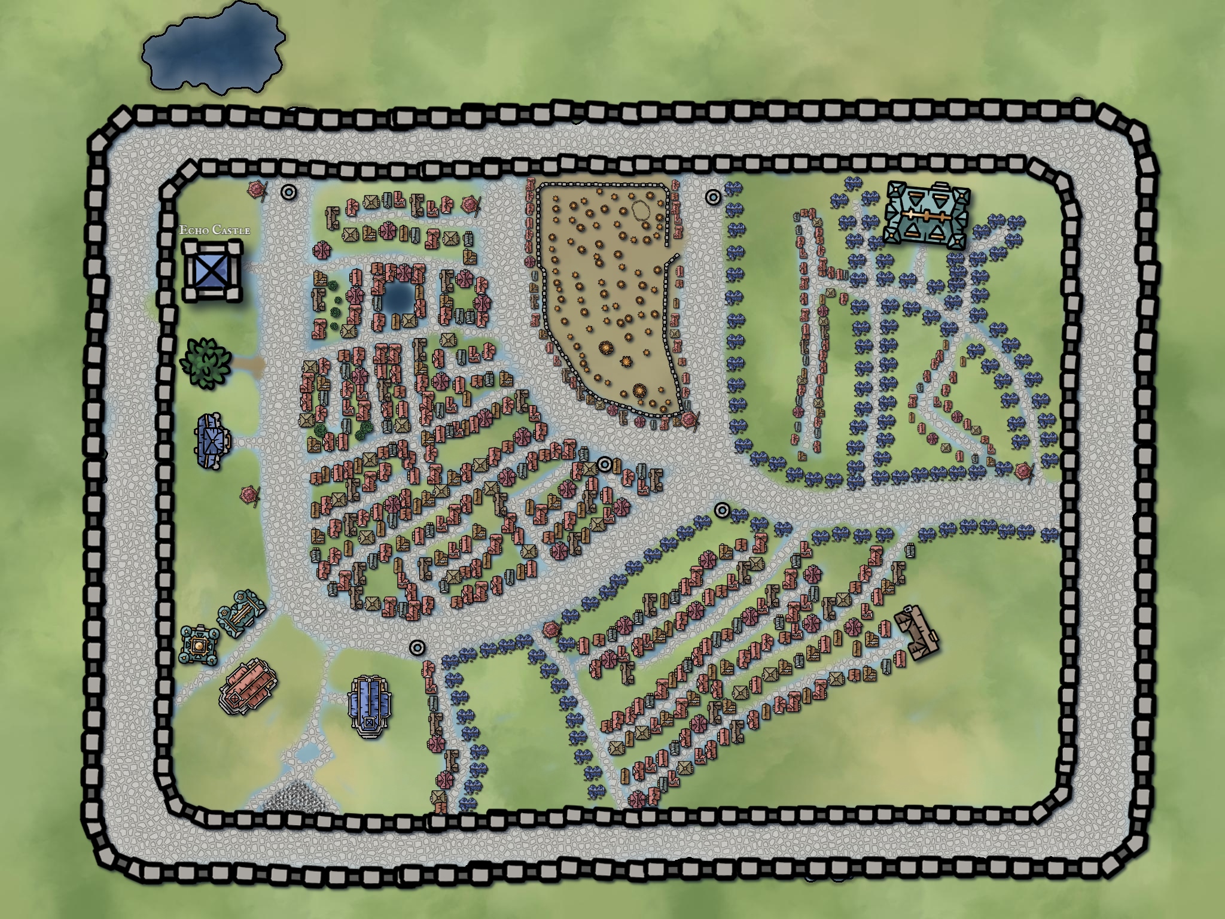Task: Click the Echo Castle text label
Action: (x=215, y=230)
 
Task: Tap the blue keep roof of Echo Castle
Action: (x=212, y=271)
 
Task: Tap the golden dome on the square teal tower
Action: (x=199, y=646)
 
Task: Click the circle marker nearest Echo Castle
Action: (x=289, y=192)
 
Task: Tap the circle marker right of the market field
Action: (x=712, y=197)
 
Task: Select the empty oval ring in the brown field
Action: (x=642, y=211)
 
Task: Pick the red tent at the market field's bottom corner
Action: (x=689, y=420)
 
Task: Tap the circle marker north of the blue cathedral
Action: (x=417, y=647)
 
